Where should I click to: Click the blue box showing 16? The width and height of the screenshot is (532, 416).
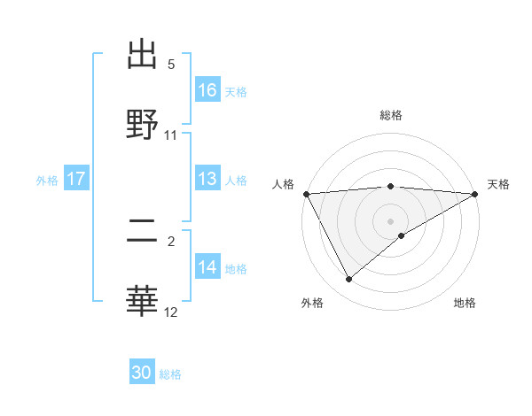point(207,89)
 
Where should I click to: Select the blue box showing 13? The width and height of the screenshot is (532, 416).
point(207,179)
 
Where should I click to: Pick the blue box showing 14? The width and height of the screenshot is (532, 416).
point(207,267)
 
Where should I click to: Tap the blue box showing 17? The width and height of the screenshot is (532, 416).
point(76,179)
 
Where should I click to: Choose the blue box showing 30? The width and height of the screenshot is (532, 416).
point(142,373)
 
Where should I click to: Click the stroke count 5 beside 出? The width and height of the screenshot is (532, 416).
point(171,65)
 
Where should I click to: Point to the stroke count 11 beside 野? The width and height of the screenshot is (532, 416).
point(171,135)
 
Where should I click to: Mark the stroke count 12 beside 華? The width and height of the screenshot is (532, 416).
point(171,312)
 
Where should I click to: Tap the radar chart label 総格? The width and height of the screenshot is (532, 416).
point(391,115)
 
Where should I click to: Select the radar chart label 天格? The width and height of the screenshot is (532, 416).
point(498,184)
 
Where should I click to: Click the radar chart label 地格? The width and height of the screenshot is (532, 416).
point(465,303)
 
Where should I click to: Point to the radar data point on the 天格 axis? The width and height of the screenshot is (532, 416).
point(475,193)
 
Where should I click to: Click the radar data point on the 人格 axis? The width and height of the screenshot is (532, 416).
point(306,193)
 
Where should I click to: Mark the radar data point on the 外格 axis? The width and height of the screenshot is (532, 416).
point(349,279)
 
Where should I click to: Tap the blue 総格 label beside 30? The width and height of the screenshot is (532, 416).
point(170,374)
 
